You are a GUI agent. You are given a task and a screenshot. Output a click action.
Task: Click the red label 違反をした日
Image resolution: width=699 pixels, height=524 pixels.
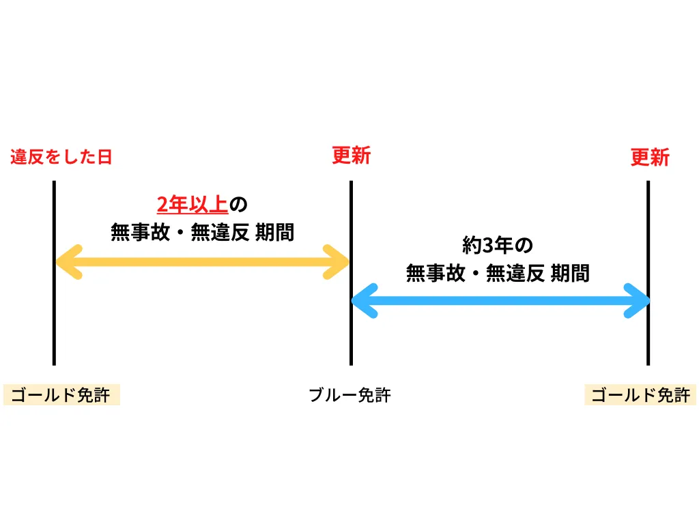pos(61,158)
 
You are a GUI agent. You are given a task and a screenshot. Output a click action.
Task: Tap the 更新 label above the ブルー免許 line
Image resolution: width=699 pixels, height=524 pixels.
pos(351,156)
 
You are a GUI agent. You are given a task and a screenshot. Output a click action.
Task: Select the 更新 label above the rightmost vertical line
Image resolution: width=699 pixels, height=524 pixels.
pos(649,158)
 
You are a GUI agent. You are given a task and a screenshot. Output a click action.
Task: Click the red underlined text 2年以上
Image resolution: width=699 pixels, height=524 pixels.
pos(192,204)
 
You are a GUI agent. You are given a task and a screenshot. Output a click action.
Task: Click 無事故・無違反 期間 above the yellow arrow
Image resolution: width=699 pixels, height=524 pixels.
pos(202,233)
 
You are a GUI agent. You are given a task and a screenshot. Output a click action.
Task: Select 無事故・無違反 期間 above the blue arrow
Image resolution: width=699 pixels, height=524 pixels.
pos(497,274)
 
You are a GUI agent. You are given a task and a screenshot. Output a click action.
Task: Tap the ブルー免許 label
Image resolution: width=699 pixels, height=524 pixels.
pos(349,395)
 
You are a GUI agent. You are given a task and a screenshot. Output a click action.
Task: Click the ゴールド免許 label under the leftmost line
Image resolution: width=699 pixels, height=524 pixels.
pos(61,396)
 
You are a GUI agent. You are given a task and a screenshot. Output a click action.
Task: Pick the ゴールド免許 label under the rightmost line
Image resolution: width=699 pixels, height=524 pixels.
pos(640,396)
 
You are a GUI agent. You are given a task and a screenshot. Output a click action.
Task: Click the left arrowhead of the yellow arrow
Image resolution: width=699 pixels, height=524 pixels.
pos(67,262)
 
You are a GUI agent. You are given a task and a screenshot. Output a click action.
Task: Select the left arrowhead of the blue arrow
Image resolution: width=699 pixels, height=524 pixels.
pos(363,301)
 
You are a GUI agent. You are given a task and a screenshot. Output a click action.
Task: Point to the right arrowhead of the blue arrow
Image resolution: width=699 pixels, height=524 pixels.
pos(637,301)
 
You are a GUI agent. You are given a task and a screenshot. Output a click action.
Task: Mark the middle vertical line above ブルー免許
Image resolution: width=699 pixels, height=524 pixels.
pos(351,341)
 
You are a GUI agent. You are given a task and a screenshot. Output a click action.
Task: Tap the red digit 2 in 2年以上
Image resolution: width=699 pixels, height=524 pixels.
pos(162,204)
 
